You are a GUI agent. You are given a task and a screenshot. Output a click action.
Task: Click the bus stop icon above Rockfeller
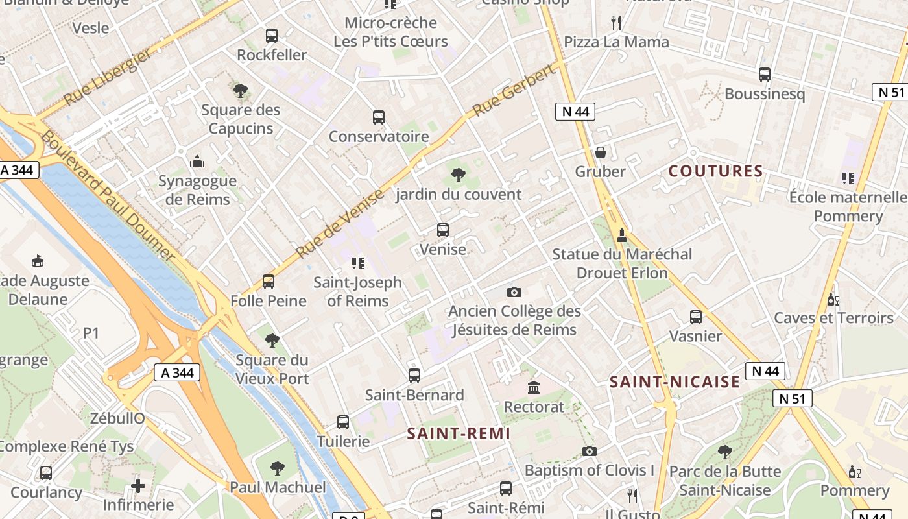click(272, 36)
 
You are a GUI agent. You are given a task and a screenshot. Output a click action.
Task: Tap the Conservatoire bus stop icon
click(379, 117)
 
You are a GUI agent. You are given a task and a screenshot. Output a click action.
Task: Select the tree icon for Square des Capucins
click(241, 91)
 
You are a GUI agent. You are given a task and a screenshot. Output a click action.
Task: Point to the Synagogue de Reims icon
click(197, 162)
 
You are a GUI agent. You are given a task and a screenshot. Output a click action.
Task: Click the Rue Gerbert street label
click(516, 91)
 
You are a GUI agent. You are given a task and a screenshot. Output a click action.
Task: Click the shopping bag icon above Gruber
click(601, 152)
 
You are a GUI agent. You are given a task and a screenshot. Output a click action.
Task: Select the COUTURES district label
click(715, 171)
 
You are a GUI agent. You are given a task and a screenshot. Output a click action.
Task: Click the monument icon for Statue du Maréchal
click(622, 235)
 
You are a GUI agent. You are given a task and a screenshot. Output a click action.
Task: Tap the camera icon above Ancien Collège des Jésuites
click(514, 292)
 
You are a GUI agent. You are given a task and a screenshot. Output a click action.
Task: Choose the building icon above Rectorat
click(534, 388)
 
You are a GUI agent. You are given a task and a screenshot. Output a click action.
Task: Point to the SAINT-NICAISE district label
click(675, 382)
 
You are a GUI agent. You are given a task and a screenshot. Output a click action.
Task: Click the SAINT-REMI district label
click(459, 433)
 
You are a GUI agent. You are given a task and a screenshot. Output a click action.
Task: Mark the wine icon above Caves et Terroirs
click(833, 299)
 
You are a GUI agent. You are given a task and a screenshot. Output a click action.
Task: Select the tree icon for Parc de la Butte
click(724, 452)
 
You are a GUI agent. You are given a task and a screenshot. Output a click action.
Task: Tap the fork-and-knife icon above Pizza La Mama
click(616, 23)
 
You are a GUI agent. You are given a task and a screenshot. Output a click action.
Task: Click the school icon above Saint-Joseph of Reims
click(357, 263)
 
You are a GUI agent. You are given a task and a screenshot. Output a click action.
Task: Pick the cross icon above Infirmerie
click(137, 485)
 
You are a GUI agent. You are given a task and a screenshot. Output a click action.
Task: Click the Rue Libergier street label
click(108, 77)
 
